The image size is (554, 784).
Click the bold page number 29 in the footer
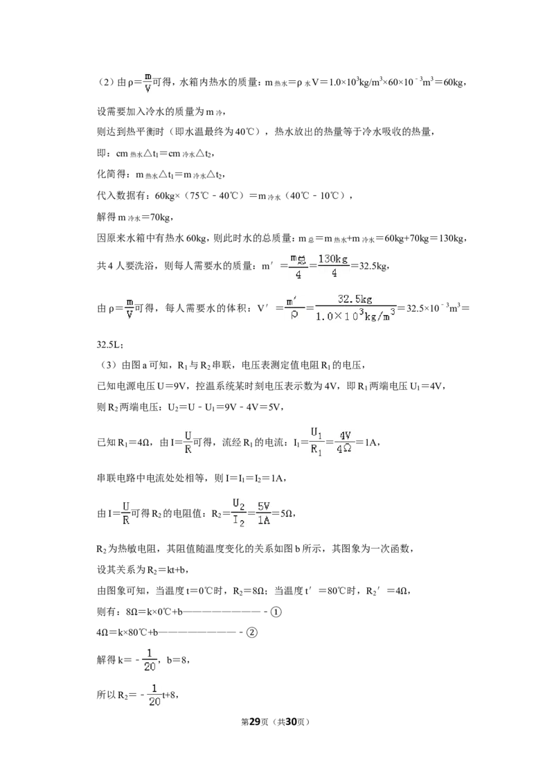tap(255, 722)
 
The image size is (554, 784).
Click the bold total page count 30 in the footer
tap(291, 722)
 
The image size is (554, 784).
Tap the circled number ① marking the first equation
tap(276, 612)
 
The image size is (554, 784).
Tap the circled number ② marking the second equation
tap(252, 632)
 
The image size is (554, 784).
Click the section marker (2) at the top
tap(105, 82)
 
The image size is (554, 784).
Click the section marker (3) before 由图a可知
tap(105, 365)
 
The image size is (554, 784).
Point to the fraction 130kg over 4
tap(334, 265)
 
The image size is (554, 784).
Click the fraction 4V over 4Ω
tap(344, 442)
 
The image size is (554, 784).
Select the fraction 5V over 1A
tap(264, 513)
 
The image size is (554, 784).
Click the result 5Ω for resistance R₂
tap(287, 513)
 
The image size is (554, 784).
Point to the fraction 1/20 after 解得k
tap(150, 660)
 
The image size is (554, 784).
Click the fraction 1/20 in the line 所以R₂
tap(154, 695)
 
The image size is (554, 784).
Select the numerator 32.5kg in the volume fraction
tap(355, 299)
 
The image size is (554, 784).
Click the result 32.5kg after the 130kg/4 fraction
tap(373, 265)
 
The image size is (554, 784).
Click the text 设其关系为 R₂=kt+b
tap(143, 569)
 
